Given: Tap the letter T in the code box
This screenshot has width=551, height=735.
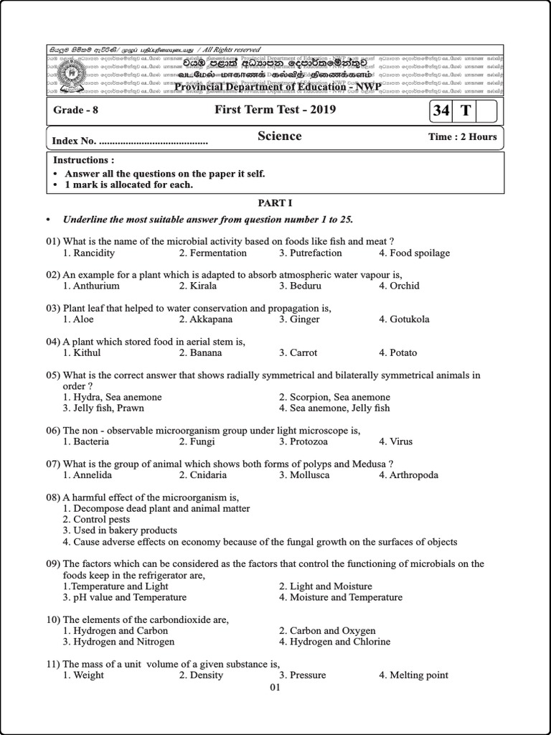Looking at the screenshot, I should coord(466,111).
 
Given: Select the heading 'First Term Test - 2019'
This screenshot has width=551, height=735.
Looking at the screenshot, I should coord(275,110).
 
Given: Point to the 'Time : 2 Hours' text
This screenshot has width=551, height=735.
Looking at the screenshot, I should coord(462,136).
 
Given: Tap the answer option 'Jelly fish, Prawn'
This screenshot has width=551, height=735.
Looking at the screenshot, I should coord(103,408).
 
